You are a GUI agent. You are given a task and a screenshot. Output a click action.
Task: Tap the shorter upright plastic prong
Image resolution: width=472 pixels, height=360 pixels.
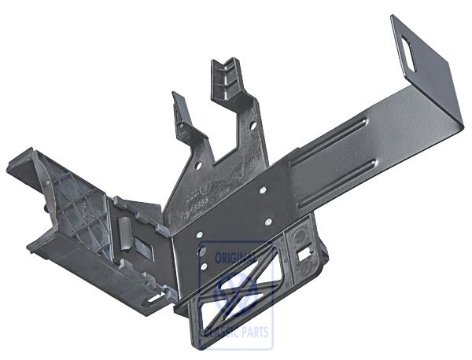pyautogui.click(x=183, y=118)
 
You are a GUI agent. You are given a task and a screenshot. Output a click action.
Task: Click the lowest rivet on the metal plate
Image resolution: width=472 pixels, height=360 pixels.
pyautogui.click(x=204, y=266)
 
